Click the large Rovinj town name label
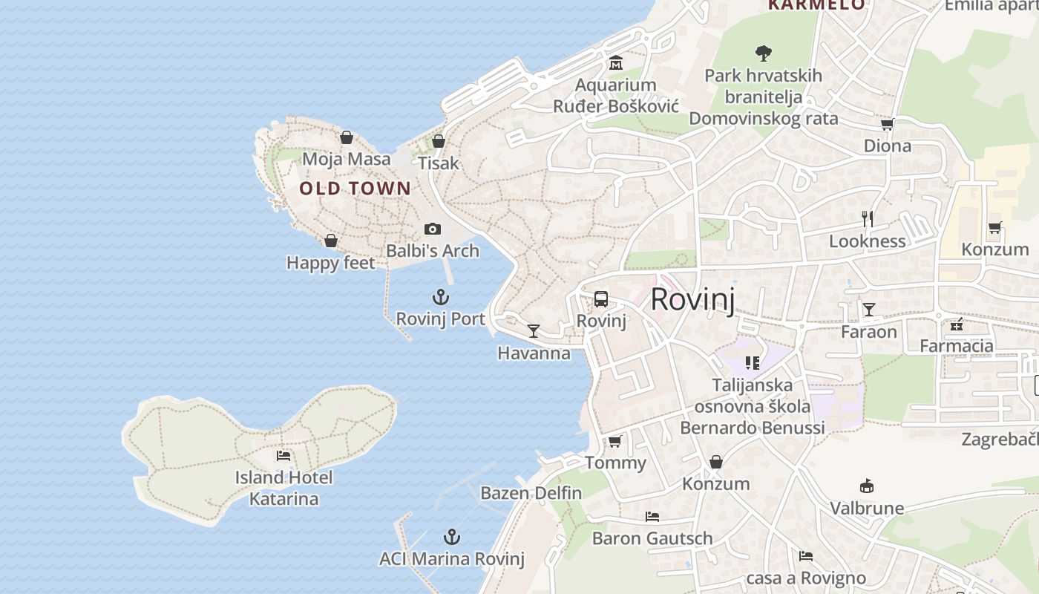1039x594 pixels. click(692, 300)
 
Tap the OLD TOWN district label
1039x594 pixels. click(355, 189)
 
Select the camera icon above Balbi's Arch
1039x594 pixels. click(433, 229)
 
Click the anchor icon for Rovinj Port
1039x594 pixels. click(441, 298)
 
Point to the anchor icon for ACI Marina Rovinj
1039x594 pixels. click(451, 537)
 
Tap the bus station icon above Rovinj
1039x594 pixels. click(601, 299)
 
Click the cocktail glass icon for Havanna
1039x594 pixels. click(534, 331)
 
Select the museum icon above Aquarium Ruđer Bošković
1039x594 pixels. click(615, 63)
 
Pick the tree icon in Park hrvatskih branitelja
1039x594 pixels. click(763, 53)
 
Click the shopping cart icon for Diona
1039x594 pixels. click(887, 124)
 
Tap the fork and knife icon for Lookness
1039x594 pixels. click(867, 218)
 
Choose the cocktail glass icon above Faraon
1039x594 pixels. click(868, 309)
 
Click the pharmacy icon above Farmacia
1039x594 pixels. click(957, 324)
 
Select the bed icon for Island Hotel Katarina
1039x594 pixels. click(283, 455)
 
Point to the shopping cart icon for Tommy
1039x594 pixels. click(614, 441)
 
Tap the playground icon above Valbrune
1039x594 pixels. click(866, 486)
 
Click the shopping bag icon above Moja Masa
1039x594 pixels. click(346, 137)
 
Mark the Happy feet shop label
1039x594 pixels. click(331, 263)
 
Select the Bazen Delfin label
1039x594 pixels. click(531, 493)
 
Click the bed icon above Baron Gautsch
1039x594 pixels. click(652, 516)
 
